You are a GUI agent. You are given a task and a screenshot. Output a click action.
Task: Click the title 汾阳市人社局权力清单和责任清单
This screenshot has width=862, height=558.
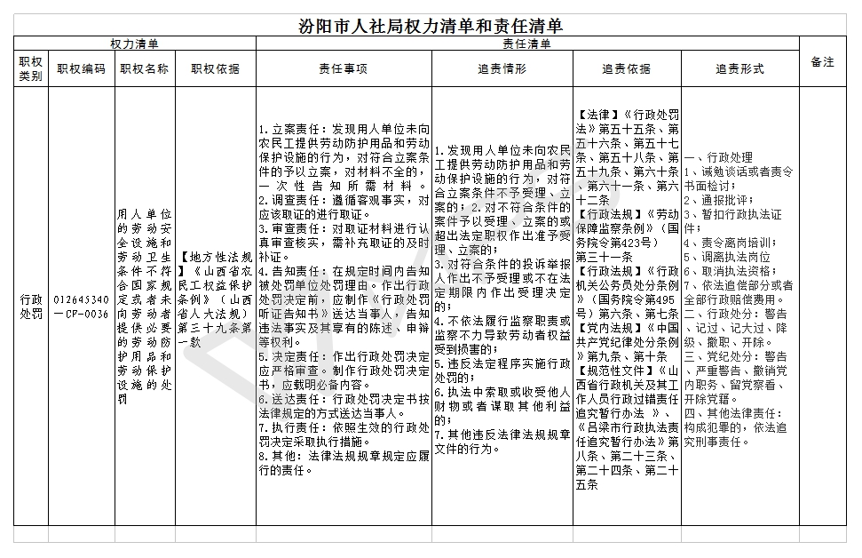tap(431, 27)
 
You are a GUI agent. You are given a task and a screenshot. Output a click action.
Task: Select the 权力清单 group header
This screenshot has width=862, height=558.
tap(135, 44)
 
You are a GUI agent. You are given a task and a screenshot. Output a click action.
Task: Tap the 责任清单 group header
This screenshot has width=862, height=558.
tap(527, 44)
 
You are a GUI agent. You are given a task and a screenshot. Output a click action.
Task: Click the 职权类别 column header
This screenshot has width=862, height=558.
tap(31, 68)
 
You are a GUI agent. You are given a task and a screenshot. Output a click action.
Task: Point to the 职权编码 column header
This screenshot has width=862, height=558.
tap(81, 68)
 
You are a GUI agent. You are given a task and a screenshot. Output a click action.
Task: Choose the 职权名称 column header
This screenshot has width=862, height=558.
tap(145, 68)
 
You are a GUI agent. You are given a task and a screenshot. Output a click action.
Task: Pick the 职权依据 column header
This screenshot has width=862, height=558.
tap(215, 68)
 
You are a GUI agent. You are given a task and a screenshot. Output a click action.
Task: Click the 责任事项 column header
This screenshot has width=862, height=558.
tap(344, 68)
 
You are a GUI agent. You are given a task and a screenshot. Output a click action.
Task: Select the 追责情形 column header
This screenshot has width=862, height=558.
tap(502, 68)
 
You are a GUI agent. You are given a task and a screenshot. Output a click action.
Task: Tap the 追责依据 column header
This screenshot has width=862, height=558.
tap(626, 68)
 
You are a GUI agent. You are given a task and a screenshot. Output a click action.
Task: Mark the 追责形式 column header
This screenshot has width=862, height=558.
tap(739, 68)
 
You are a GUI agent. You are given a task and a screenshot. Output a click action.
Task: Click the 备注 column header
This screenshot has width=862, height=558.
tap(823, 62)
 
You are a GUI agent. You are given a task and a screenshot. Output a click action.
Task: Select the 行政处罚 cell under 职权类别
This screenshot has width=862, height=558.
tap(31, 307)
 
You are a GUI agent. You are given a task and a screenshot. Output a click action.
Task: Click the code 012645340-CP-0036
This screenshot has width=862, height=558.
tap(81, 307)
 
